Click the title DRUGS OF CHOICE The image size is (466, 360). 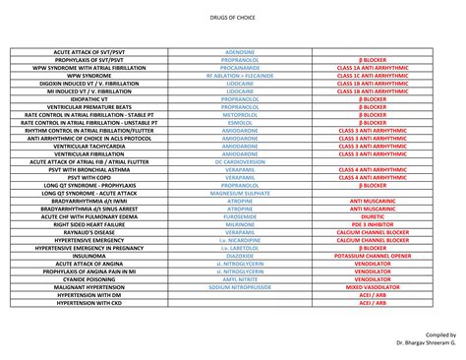[x=232, y=18]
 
